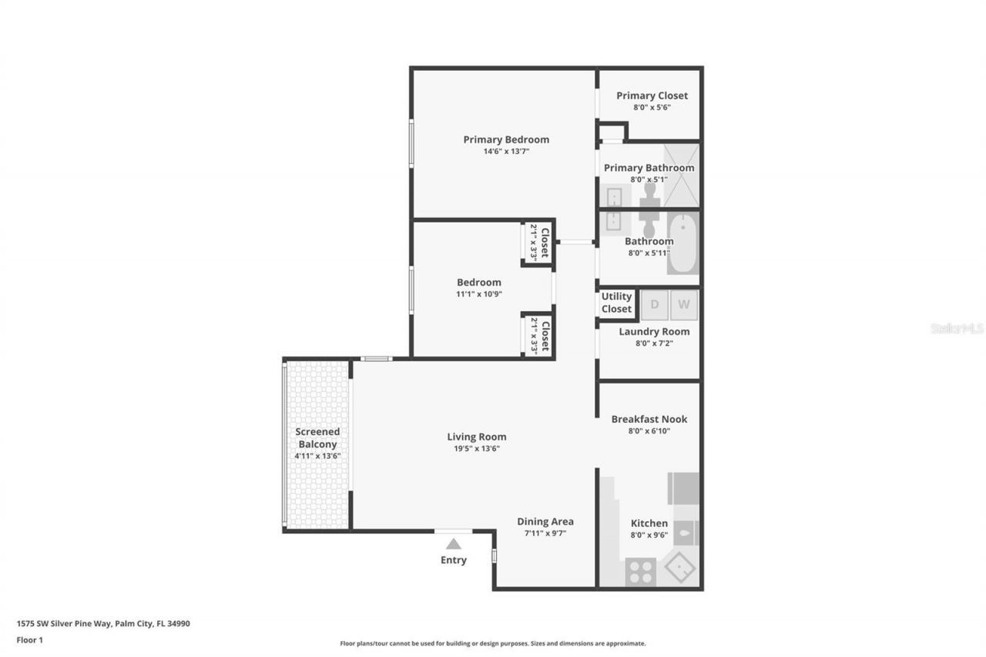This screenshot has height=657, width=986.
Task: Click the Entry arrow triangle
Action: [454, 544]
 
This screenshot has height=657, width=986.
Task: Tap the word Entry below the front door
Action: [454, 560]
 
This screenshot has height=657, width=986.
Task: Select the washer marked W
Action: [684, 304]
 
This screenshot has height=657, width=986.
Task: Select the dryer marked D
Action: [655, 304]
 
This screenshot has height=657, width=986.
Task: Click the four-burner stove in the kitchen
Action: [640, 572]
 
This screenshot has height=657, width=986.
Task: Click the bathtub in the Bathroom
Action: [682, 244]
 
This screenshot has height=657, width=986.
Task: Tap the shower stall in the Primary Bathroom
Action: [682, 176]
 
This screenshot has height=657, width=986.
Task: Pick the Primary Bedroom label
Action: [506, 139]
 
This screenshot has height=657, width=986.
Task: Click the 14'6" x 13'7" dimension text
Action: [506, 152]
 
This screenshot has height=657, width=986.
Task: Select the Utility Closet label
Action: [616, 303]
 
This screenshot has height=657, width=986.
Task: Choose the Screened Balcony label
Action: [317, 438]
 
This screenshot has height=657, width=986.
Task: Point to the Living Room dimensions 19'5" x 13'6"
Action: [477, 448]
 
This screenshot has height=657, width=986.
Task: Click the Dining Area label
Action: [545, 521]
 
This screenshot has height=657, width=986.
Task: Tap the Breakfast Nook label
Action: [649, 419]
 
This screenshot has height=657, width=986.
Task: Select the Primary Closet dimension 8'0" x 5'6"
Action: [652, 108]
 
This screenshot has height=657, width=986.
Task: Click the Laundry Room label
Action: [654, 331]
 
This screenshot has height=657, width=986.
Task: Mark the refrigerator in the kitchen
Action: [683, 488]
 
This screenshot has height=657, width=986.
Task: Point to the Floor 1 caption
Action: [29, 639]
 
